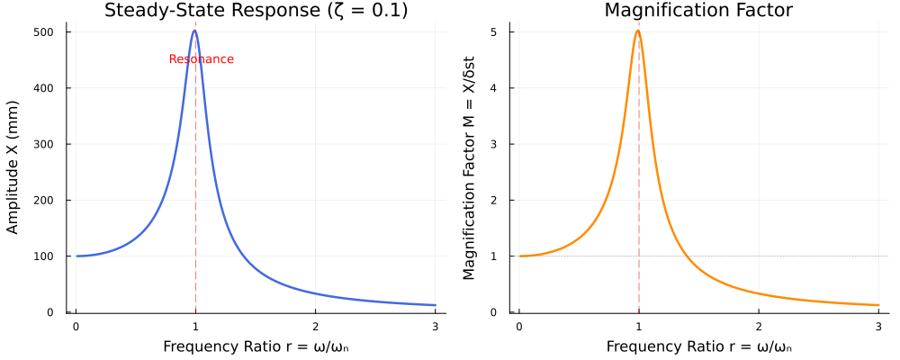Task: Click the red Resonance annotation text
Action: coord(201,59)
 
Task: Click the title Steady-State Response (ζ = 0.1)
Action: coord(256,11)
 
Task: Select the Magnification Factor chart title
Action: coord(698,11)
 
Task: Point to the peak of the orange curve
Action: coord(638,31)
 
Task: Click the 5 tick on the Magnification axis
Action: coord(508,32)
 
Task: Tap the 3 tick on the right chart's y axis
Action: coord(508,144)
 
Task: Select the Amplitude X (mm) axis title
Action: coord(13,171)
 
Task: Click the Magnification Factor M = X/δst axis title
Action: coord(469,171)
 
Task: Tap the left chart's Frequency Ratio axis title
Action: coord(256,346)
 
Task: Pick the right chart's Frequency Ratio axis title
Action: coord(698,346)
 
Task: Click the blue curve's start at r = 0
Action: coord(76,256)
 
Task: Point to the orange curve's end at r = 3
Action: coord(877,305)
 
